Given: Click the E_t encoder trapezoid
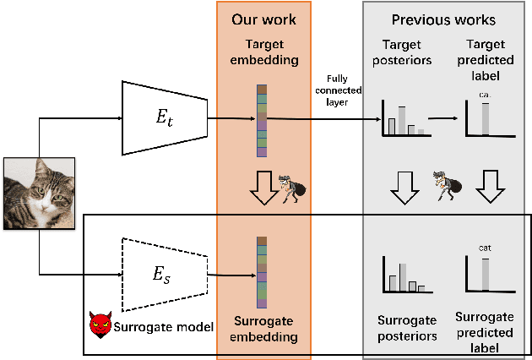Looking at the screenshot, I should coord(165,117).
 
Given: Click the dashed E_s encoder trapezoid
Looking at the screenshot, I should coord(165,275).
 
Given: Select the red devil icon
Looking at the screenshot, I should coord(100,325).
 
